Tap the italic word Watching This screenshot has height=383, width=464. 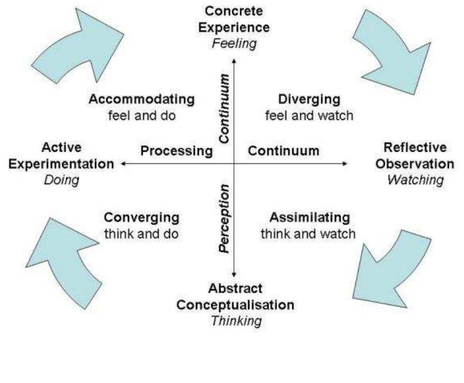(x=415, y=180)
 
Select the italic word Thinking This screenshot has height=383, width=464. (x=236, y=322)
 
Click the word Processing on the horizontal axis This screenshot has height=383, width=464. (x=176, y=151)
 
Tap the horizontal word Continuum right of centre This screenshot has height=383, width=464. (x=284, y=151)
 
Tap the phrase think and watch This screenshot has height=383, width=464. (x=308, y=233)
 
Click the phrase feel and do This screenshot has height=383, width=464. (x=142, y=115)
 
